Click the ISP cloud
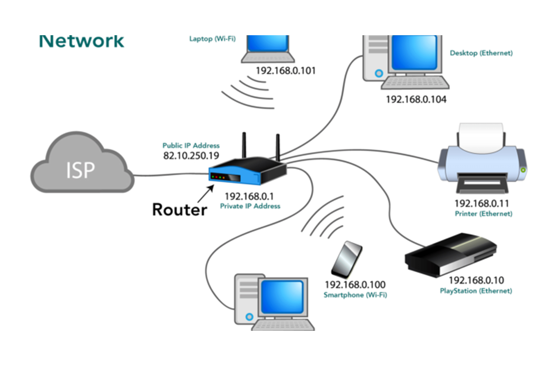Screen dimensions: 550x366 coord(82,163)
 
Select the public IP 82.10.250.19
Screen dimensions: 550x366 coord(191,156)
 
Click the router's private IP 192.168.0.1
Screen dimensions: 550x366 coord(249,196)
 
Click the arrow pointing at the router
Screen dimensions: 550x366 coord(206,194)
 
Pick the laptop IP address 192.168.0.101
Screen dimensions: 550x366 coord(286,71)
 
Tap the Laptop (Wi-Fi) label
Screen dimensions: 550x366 coord(213,39)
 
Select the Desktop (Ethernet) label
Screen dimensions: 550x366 coord(481,53)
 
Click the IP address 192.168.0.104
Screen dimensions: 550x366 coord(416,100)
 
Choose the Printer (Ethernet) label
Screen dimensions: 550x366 coord(484,214)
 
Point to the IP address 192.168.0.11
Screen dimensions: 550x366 coord(482,204)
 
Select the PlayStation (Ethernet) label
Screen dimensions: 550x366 coord(476,291)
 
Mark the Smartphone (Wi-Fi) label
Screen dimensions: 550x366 coord(355,295)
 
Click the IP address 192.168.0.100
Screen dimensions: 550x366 coord(355,285)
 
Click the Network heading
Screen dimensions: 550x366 coord(82,41)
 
